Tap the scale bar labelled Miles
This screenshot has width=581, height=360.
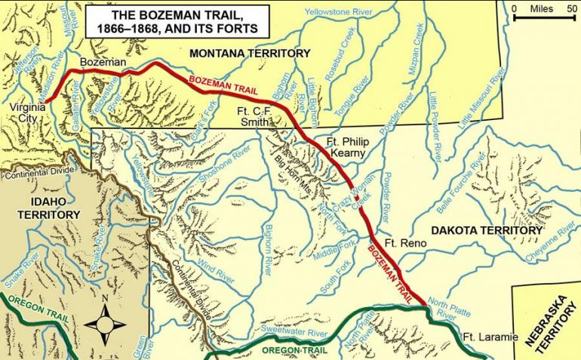[x=543, y=15]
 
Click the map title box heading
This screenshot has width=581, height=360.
[x=179, y=23]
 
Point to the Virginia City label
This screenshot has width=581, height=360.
[x=28, y=114]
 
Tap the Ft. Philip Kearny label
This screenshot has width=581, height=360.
[x=345, y=147]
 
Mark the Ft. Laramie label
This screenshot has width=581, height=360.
[x=490, y=337]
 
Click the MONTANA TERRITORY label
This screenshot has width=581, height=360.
[x=250, y=54]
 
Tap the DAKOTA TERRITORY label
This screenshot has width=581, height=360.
[x=487, y=230]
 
